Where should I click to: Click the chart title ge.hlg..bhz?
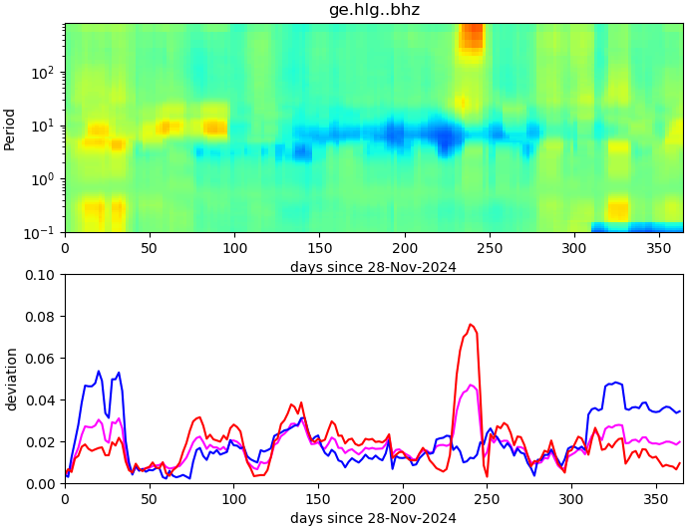tap(374, 10)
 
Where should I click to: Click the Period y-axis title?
tap(10, 128)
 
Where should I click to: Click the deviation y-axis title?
tap(11, 379)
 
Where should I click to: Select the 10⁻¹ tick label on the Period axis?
tap(44, 232)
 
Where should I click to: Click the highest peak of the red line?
tap(471, 324)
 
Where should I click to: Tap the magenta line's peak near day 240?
tap(471, 386)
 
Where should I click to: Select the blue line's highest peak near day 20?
tap(99, 372)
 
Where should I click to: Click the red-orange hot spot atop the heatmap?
tap(471, 37)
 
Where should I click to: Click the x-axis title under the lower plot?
tap(373, 518)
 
